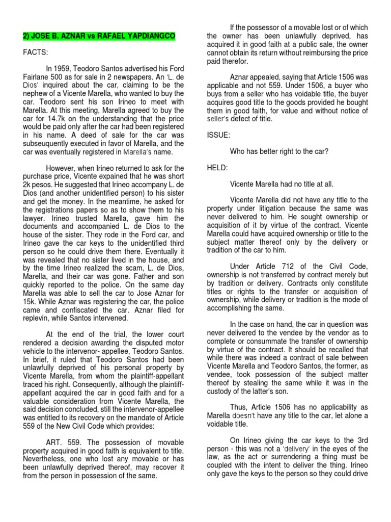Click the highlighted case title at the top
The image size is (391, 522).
pos(99,37)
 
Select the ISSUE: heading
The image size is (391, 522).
pos(219,136)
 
